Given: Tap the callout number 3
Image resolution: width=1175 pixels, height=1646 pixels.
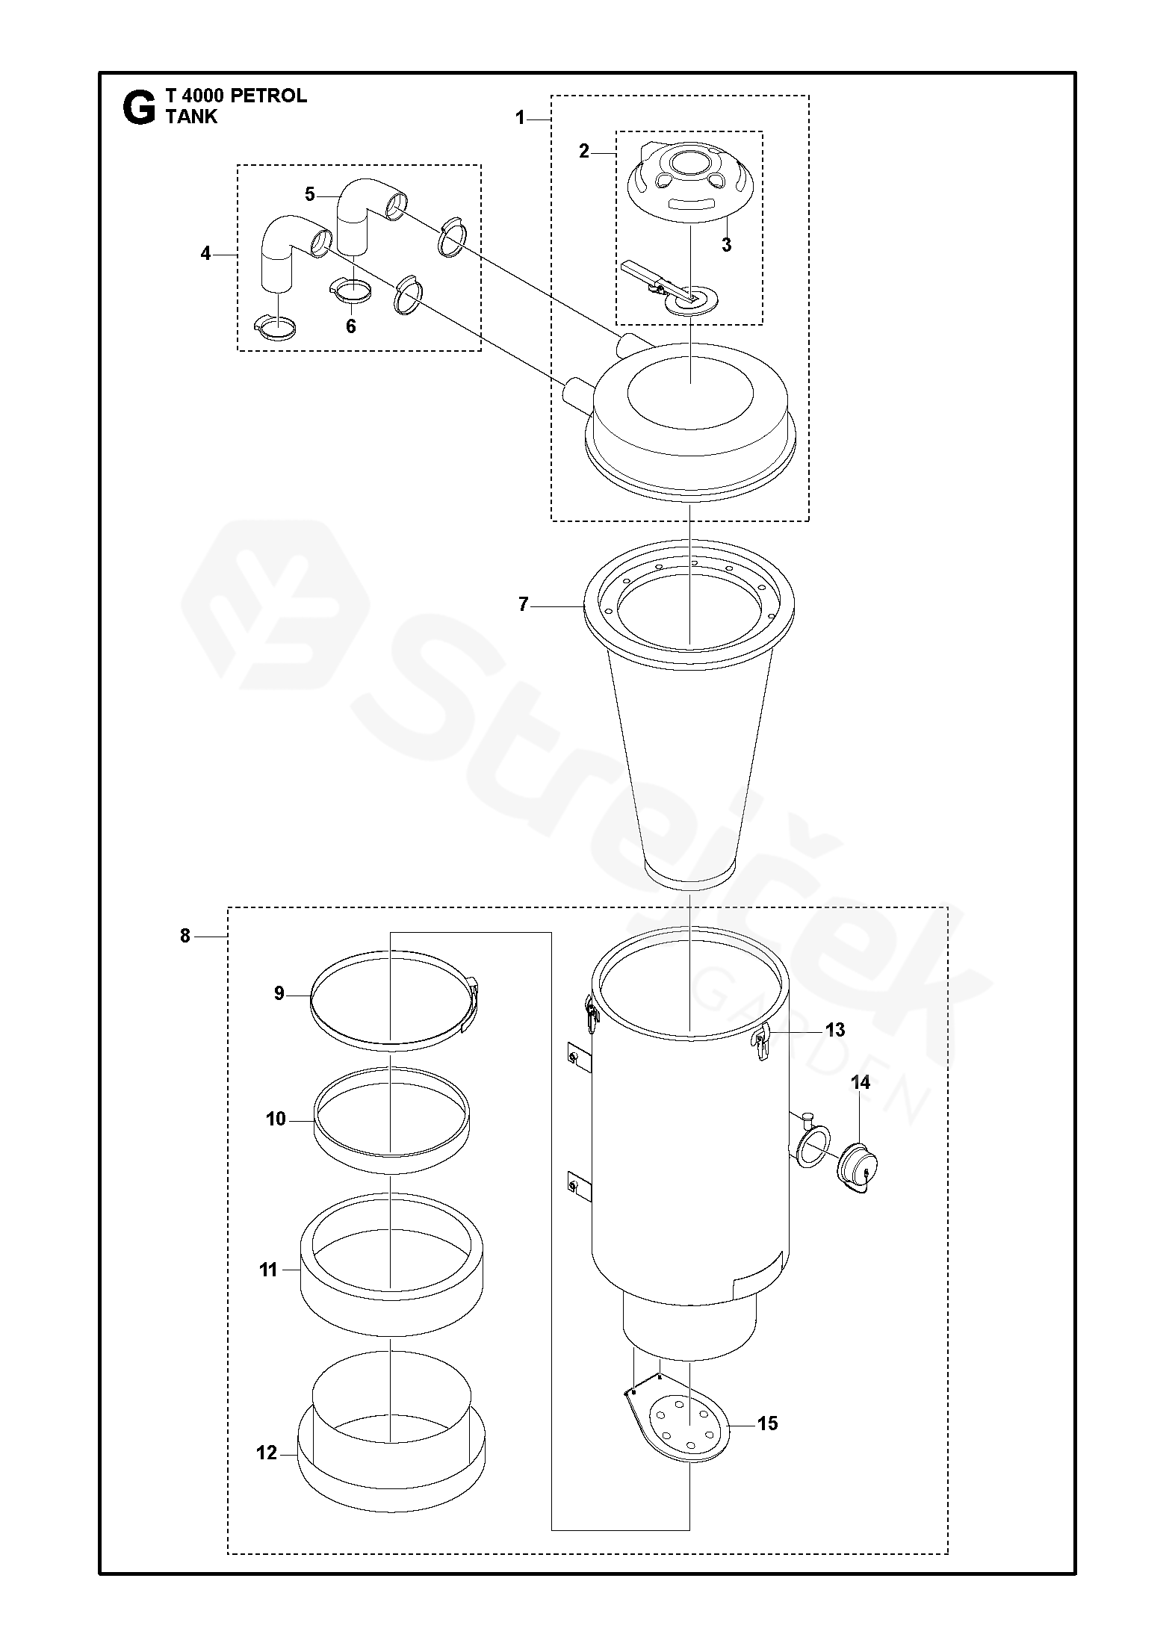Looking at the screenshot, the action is pos(726,245).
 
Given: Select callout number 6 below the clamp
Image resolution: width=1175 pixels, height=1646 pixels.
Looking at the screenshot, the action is pos(350,326).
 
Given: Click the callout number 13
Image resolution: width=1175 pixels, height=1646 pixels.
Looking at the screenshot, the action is pos(834,1030).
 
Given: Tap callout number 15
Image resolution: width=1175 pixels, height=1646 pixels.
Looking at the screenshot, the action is pos(767,1423).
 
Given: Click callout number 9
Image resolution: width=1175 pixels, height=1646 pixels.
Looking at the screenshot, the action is pos(279,994).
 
